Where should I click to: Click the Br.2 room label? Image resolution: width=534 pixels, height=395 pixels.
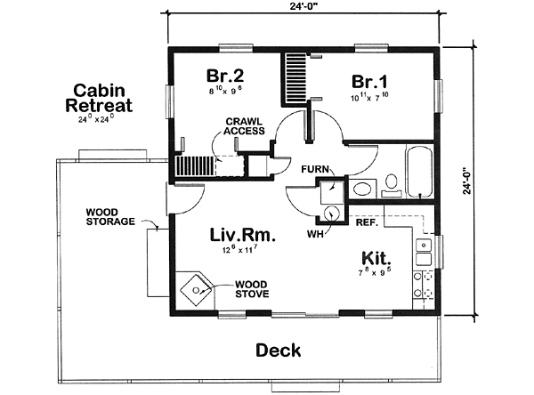225,76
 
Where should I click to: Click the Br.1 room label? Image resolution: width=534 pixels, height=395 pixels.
369,82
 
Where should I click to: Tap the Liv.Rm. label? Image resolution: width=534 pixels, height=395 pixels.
242,235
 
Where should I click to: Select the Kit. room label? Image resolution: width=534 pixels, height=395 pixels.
376,259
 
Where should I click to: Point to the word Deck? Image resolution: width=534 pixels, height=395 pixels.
279,350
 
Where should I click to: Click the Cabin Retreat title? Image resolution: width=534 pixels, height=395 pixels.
99,98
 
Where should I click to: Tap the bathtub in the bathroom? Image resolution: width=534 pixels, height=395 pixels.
419,172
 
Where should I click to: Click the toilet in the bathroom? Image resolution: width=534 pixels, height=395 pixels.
392,185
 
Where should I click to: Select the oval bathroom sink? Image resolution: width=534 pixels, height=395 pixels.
362,189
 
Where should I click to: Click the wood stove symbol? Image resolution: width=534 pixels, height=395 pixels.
196,290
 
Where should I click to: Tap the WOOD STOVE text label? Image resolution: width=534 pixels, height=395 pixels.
252,289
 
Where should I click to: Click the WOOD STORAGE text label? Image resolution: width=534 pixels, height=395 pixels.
110,217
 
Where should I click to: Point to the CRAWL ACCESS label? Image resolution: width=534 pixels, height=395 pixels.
244,126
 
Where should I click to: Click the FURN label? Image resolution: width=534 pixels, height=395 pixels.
315,169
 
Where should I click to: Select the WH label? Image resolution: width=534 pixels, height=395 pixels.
315,234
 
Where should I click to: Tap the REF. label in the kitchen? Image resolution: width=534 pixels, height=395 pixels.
367,222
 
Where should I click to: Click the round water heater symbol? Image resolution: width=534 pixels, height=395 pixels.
331,214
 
